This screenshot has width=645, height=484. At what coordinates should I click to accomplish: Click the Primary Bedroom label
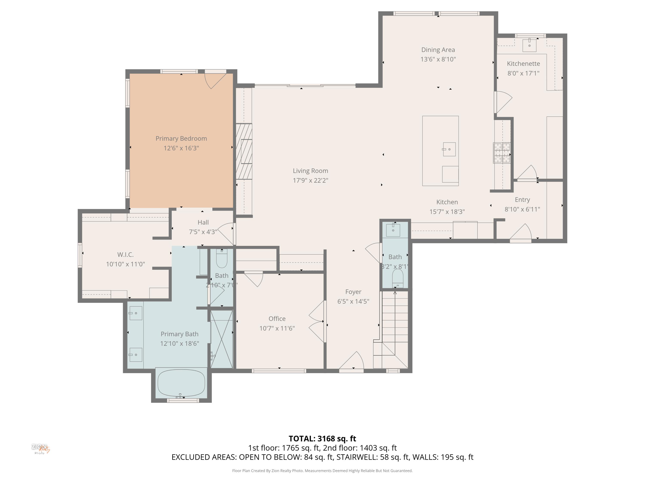click(x=181, y=139)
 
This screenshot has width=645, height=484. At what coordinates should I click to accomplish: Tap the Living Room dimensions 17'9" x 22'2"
click(x=310, y=180)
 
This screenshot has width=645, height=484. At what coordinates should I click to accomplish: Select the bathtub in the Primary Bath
click(x=181, y=383)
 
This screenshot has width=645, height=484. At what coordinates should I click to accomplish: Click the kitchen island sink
click(x=449, y=149)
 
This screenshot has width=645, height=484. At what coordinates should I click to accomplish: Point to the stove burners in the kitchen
click(x=502, y=152)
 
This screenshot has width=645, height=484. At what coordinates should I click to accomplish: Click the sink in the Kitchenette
click(x=529, y=45)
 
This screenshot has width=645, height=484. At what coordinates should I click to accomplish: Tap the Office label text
click(x=277, y=319)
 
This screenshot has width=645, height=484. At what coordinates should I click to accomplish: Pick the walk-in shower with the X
click(x=222, y=339)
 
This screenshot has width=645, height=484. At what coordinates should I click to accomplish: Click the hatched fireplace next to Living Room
click(x=244, y=151)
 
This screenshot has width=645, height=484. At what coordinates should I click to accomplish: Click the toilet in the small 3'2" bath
click(x=398, y=278)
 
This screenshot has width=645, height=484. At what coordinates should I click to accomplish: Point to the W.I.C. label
click(x=125, y=254)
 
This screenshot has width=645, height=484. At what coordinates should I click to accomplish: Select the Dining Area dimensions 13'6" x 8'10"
click(x=438, y=59)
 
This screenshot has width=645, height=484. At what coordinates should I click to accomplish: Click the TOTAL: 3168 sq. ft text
click(x=322, y=438)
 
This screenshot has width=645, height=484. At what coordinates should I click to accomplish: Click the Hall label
click(x=203, y=222)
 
